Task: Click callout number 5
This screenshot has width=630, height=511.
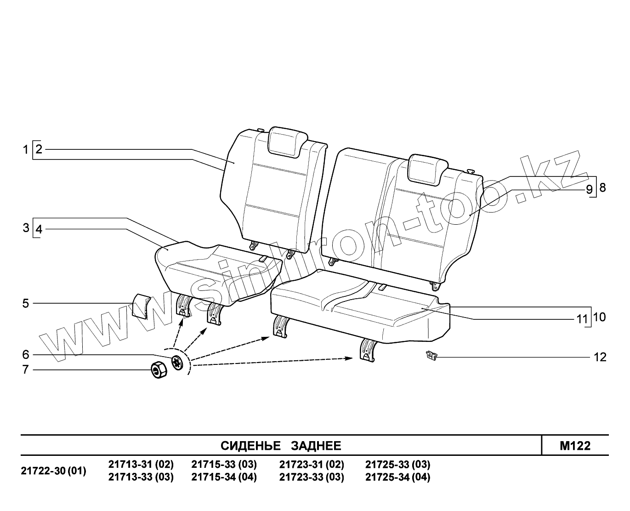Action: pos(26,303)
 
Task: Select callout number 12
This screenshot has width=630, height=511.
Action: pos(600,357)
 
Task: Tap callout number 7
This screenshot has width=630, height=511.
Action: pos(26,369)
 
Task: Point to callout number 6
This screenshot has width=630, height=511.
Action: pos(26,355)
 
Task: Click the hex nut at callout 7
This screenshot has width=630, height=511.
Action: pos(159,369)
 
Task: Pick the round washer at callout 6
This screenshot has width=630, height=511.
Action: pos(177,362)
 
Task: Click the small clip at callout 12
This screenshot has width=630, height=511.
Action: pos(431,355)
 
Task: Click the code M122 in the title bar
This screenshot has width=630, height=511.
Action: pos(575,446)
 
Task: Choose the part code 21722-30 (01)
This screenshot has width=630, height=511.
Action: pos(54,471)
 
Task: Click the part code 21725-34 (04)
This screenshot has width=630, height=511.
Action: pos(397,477)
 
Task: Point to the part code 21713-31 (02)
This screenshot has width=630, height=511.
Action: pos(141,464)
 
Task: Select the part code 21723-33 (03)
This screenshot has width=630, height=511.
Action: pos(312,477)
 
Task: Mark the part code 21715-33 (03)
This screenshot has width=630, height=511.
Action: pos(224,464)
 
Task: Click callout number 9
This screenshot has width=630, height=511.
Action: pos(589,189)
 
